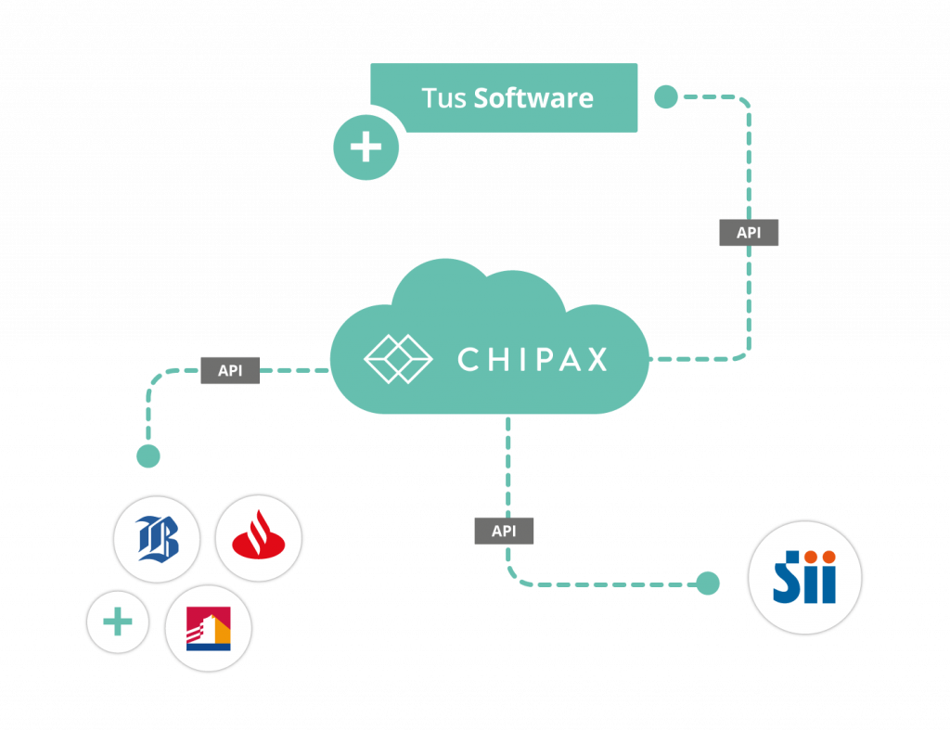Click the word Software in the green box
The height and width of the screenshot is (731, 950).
tap(533, 97)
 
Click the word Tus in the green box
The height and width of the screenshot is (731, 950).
tap(443, 97)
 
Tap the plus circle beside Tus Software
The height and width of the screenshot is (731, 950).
tap(366, 147)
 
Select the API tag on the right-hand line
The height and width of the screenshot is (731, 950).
tap(749, 233)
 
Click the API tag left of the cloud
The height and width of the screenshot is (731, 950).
tap(230, 371)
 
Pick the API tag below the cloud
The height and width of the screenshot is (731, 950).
tap(504, 531)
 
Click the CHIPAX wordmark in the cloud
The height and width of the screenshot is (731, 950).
tap(533, 359)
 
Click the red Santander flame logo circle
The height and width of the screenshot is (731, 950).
tap(259, 538)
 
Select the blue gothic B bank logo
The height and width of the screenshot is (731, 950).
tap(157, 538)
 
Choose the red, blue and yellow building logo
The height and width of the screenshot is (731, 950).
tap(208, 629)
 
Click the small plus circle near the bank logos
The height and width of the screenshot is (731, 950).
tap(118, 622)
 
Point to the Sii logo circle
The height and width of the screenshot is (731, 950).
tap(804, 577)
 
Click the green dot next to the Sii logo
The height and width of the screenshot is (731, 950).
tap(708, 583)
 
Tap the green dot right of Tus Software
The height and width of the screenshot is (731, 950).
tap(666, 96)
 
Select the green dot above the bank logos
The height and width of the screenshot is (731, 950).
tap(148, 455)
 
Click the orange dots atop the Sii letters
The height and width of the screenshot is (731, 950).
tap(818, 557)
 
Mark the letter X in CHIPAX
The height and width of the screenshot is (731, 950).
tap(596, 359)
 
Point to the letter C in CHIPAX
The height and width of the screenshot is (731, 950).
tap(469, 359)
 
